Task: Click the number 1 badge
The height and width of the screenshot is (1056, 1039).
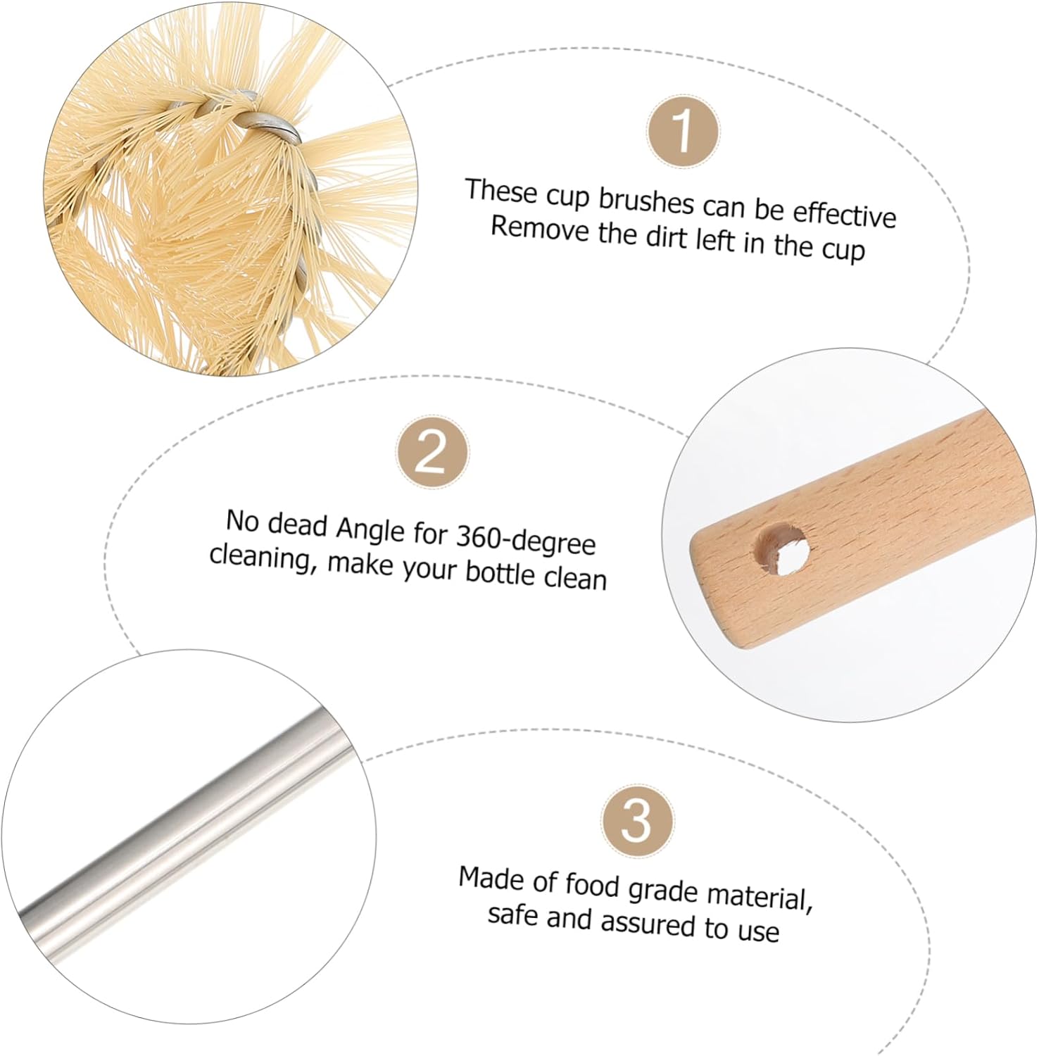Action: tap(683, 132)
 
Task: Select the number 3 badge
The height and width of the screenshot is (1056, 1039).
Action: tap(637, 820)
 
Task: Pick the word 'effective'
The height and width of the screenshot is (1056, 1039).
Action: tap(844, 213)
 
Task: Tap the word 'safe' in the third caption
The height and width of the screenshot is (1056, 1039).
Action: tap(513, 916)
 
